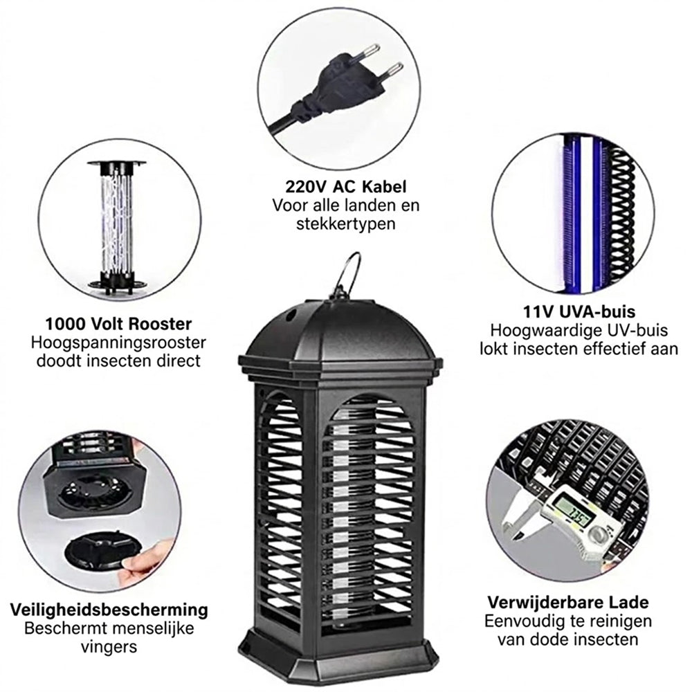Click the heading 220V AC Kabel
pos(345,187)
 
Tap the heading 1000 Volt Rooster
pos(118,324)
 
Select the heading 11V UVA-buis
pos(579,311)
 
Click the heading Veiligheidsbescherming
pos(109,610)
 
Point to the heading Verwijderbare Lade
pos(568,602)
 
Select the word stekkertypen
pos(345,224)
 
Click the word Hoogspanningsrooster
pos(118,343)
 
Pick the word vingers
pos(109,647)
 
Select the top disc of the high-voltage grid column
pos(117,163)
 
